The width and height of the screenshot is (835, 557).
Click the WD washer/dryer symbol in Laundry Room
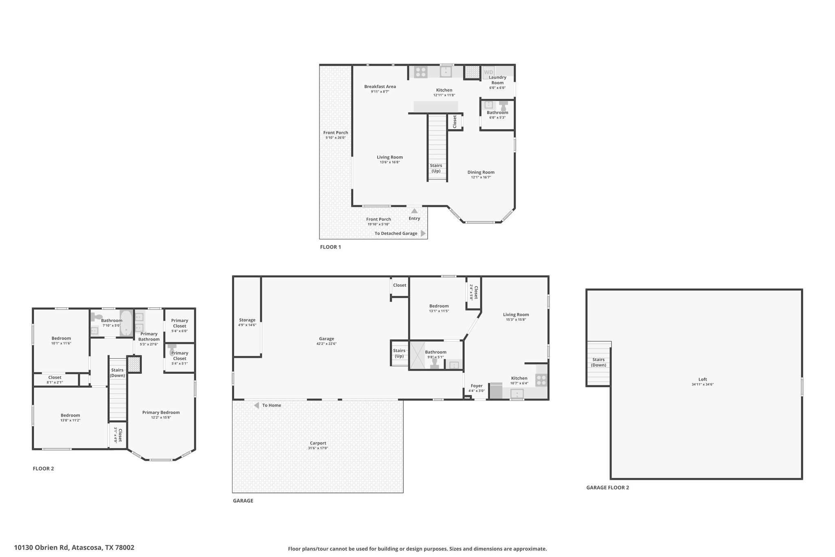tap(488, 72)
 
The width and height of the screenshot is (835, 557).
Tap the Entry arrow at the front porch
tap(414, 211)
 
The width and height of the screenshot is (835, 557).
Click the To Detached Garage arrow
tap(423, 233)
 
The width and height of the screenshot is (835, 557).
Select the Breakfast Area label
tap(380, 87)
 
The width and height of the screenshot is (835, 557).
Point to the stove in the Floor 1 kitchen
tap(420, 72)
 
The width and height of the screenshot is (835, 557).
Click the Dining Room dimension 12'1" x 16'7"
tap(481, 178)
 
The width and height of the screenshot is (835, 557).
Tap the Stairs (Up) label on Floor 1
tap(436, 168)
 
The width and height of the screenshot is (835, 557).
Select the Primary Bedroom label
tap(161, 413)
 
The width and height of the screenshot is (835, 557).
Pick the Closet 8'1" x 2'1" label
tap(55, 377)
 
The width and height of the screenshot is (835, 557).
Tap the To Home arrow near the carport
tap(257, 406)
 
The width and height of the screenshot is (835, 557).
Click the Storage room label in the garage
tap(247, 320)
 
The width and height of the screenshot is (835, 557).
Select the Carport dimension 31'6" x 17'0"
tap(318, 448)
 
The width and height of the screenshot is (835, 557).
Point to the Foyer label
tap(477, 386)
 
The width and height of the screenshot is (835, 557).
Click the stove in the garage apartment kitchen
tap(541, 380)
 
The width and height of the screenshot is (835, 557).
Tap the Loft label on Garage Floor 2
tap(702, 379)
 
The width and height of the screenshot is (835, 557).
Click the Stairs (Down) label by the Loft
tap(599, 362)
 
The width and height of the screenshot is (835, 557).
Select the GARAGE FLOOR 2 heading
tap(607, 488)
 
